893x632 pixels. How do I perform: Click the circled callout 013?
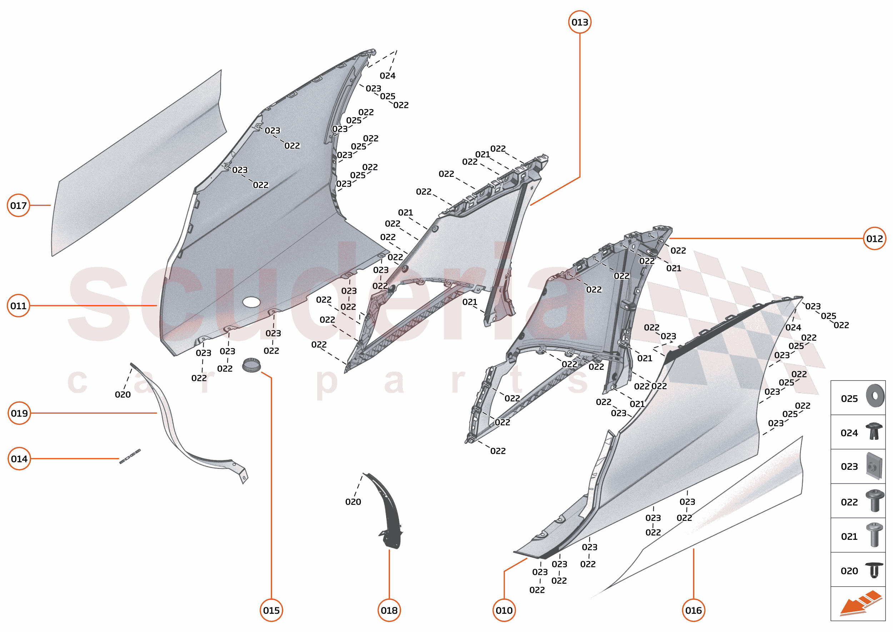pos(579,22)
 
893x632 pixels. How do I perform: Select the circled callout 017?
pos(18,205)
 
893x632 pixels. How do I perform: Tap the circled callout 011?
pos(18,306)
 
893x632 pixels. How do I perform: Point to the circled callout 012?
pos(874,239)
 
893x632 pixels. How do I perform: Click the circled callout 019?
pos(19,413)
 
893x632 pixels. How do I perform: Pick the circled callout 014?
pos(19,458)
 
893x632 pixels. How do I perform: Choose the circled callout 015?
pos(271,610)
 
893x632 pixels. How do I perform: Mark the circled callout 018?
pos(389,610)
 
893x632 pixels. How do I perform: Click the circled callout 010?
pos(504,610)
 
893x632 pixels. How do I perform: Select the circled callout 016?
pos(693,610)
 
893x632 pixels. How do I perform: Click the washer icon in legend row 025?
pos(875,396)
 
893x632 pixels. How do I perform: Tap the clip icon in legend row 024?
pos(874,431)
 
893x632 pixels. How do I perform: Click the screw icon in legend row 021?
pos(874,535)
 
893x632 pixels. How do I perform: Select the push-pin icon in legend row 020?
pos(874,570)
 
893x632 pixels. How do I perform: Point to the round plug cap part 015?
pos(251,365)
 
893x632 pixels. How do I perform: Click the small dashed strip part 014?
pos(130,456)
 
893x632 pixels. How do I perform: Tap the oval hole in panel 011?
pos(251,302)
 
